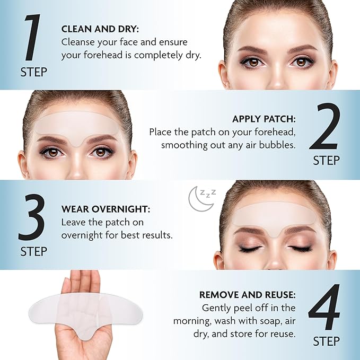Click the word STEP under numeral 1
(33, 72)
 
